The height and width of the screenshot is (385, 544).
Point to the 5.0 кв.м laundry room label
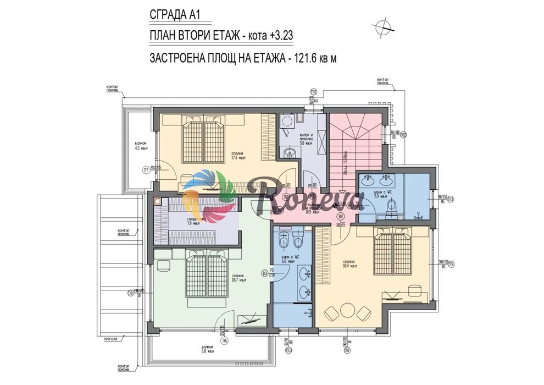[x=306, y=141]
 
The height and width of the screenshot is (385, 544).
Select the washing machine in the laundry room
[x=287, y=122]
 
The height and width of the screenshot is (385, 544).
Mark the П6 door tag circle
[x=225, y=341]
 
